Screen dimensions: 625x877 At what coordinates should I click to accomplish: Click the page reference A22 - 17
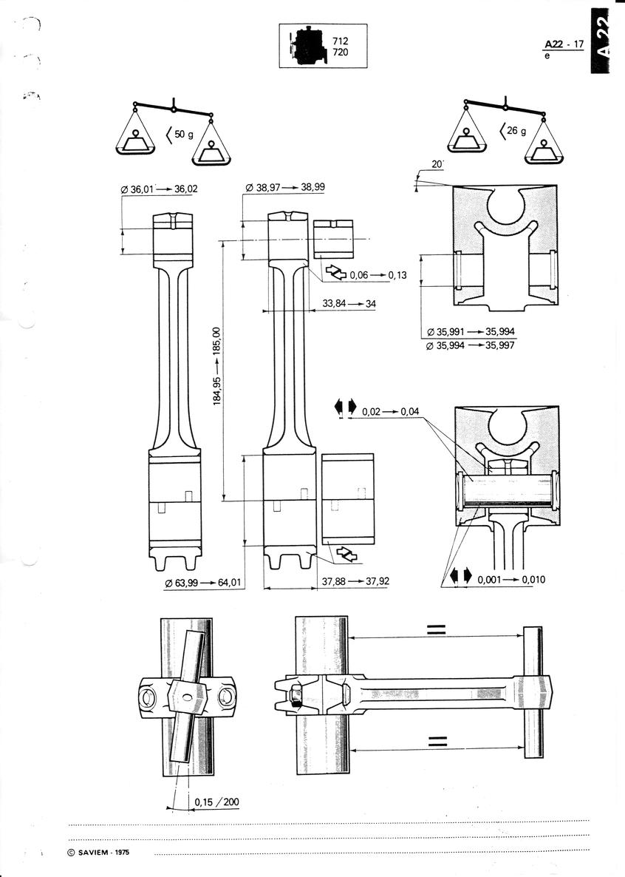[564, 44]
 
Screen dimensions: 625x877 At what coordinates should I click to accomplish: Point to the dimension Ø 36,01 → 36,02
[159, 189]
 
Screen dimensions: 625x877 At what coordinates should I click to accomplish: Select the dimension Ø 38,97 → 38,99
[285, 187]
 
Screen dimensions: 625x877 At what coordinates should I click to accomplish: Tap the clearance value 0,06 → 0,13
[378, 275]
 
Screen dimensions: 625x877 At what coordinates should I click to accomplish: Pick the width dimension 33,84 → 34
[349, 304]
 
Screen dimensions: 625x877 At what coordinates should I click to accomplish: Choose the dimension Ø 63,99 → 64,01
[203, 582]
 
